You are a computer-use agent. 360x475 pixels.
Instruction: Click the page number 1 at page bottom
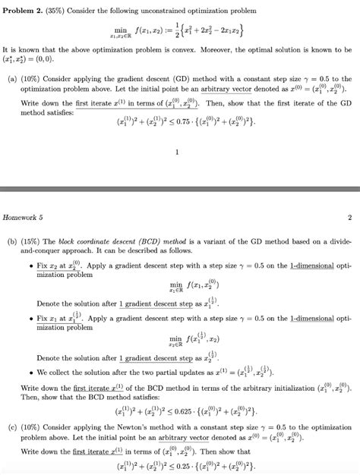[x=176, y=153]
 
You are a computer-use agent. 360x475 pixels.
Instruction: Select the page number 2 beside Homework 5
[x=349, y=217]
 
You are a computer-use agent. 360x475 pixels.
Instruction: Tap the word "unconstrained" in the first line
[x=176, y=12]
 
